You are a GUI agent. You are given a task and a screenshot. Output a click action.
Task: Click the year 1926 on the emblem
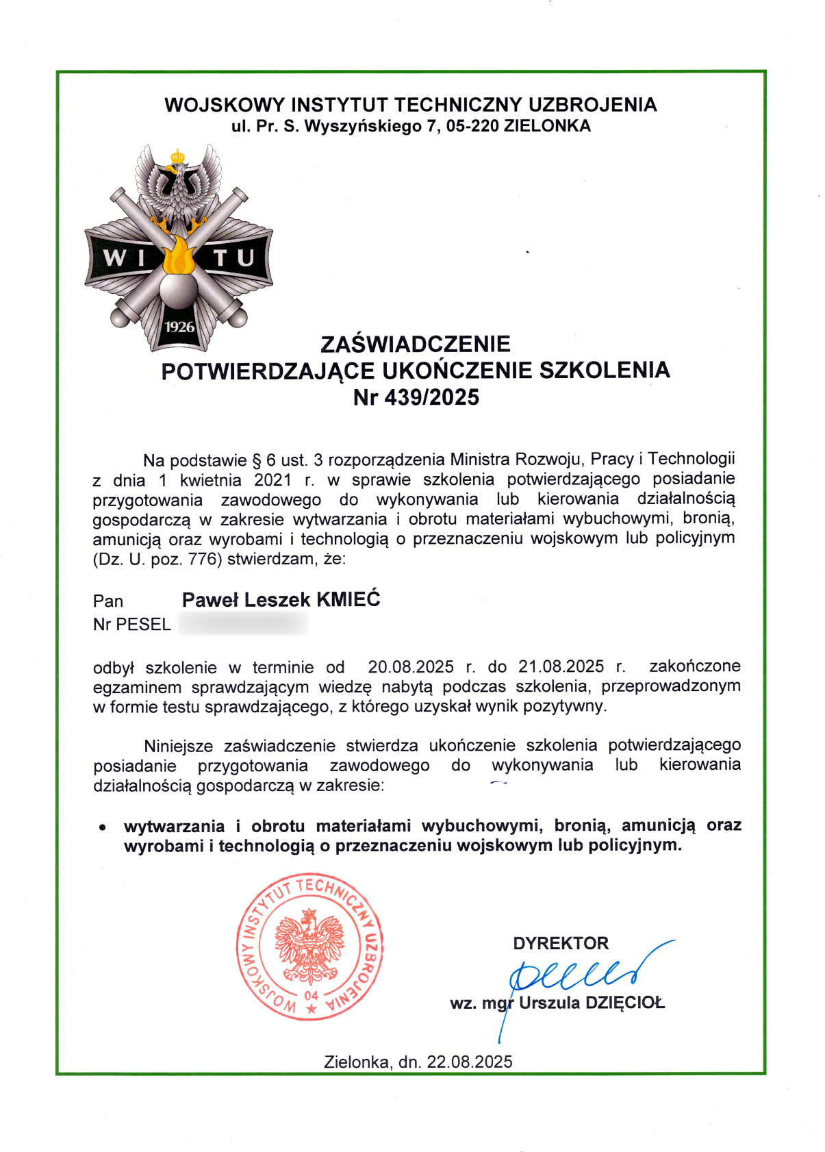[179, 327]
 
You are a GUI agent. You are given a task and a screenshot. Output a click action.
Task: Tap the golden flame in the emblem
[179, 255]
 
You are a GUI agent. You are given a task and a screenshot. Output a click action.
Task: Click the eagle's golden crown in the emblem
[178, 157]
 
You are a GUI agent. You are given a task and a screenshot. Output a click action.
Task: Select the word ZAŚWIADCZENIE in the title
[416, 344]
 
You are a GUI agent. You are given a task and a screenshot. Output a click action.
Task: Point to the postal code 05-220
[472, 126]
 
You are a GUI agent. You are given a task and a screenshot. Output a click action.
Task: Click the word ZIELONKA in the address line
[547, 126]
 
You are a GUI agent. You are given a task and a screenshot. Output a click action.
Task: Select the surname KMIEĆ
[348, 599]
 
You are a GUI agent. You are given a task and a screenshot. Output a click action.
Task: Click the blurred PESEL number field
[242, 624]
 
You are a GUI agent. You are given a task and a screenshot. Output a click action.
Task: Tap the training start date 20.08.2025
[411, 666]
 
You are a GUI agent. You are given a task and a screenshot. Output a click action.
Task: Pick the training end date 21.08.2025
[561, 666]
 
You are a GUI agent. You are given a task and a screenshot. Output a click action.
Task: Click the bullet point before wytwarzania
[102, 827]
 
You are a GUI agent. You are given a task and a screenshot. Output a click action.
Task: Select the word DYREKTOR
[561, 943]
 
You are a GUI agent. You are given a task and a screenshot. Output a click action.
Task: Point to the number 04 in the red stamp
[312, 995]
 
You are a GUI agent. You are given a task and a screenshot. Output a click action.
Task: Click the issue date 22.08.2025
[470, 1062]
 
